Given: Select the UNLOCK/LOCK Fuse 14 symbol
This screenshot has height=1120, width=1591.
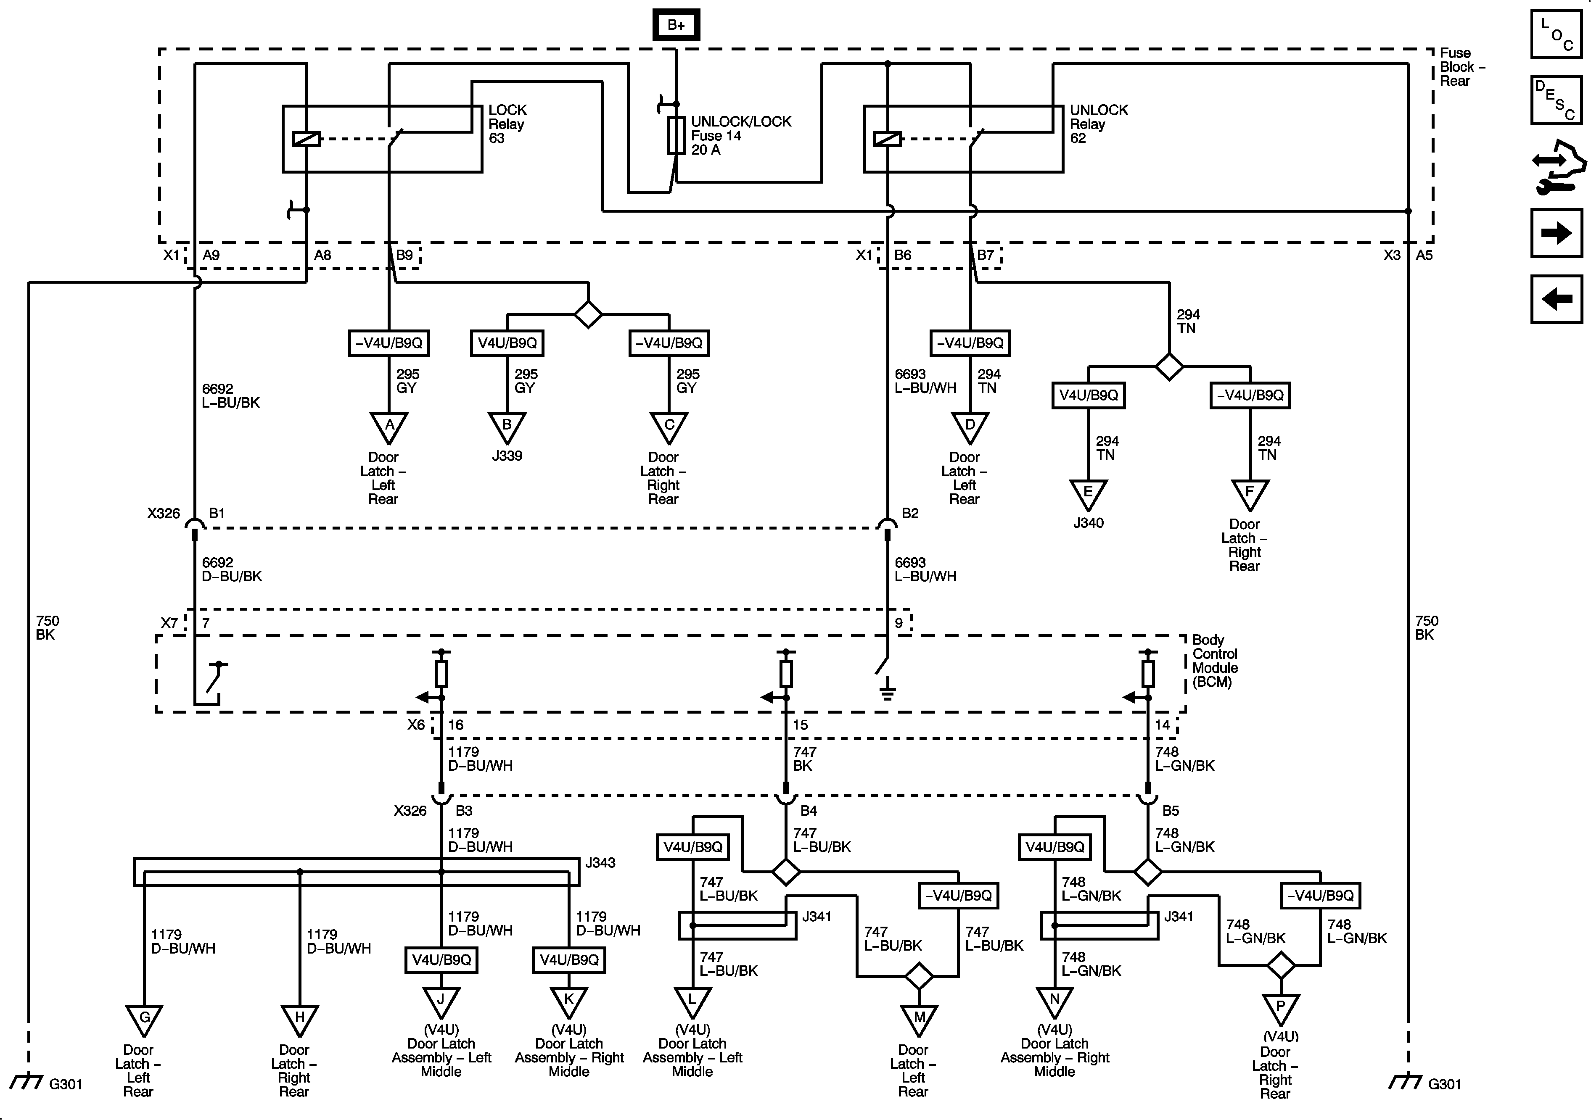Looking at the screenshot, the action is point(677,135).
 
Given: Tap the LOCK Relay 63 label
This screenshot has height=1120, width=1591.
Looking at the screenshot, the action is point(507,124).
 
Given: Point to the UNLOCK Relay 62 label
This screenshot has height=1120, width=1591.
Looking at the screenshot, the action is point(1098,124).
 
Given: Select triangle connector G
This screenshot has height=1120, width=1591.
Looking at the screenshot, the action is point(144,1021).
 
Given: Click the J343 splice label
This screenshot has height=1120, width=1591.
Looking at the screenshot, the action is point(600,863).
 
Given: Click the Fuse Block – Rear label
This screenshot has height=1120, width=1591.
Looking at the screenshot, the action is point(1462,66).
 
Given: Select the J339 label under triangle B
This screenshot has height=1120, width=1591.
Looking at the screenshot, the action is point(507,456).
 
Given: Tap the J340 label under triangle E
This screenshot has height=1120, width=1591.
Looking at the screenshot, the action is point(1088,523).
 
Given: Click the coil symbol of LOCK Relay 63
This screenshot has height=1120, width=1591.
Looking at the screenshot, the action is point(306,139).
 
